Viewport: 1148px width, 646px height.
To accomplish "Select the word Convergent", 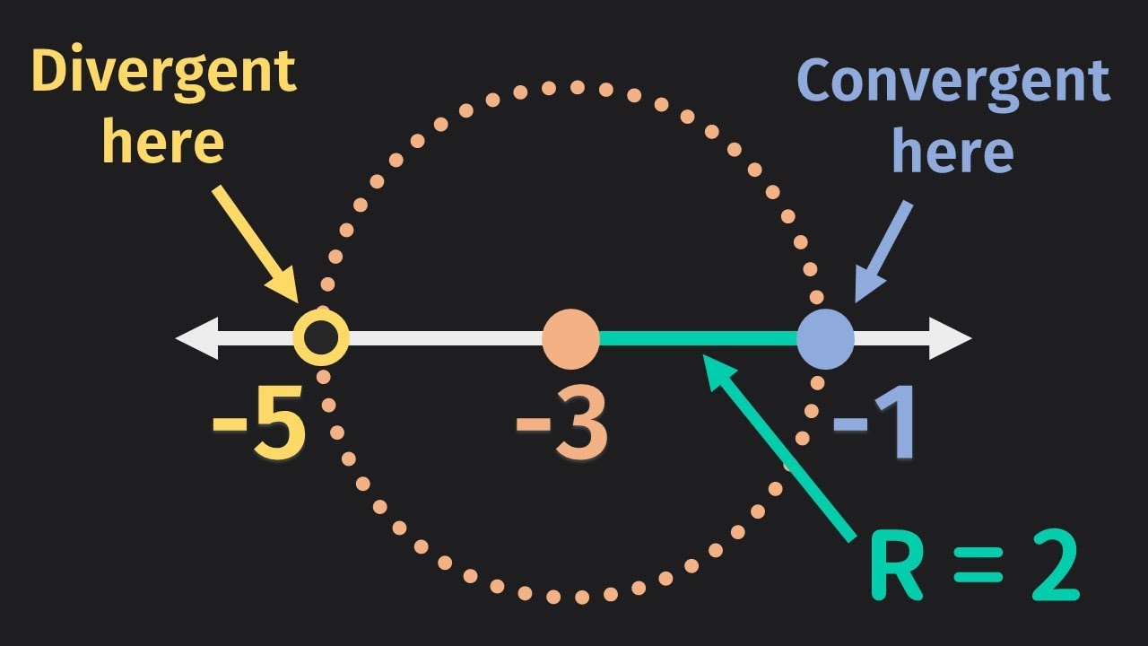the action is [x=952, y=83].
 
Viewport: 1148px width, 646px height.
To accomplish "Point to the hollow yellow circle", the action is [x=320, y=339].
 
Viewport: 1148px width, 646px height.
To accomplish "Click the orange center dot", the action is [x=570, y=339].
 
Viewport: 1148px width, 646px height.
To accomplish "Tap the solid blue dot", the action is [x=825, y=339].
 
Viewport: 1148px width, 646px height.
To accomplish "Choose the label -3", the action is [x=561, y=429].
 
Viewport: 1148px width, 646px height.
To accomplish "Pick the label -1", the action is [x=874, y=429].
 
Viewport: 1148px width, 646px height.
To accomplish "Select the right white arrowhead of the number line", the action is [x=952, y=339].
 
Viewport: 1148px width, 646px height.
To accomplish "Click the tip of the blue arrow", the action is [x=856, y=301].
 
